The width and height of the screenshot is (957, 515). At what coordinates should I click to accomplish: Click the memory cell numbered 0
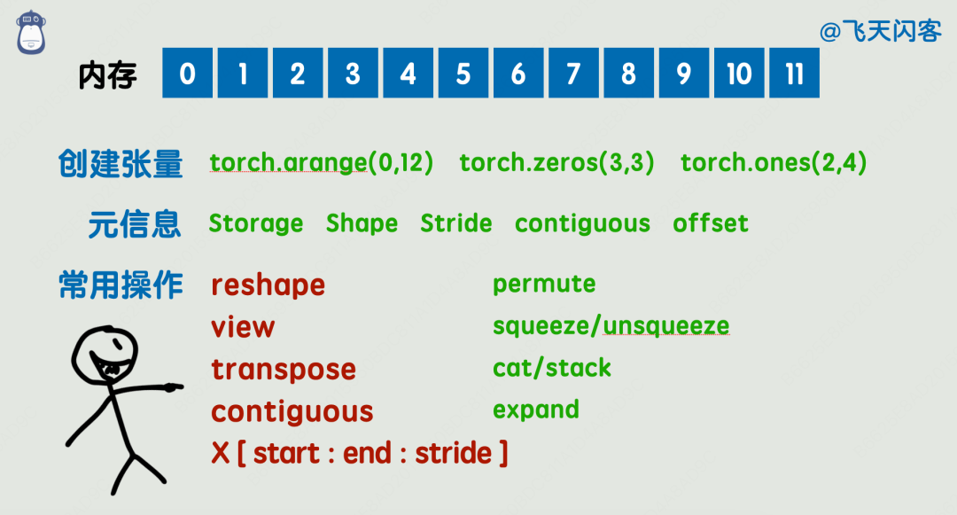(187, 74)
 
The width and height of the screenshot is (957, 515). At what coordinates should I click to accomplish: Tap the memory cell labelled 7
(573, 74)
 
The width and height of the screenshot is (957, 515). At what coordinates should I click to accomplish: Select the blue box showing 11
(794, 74)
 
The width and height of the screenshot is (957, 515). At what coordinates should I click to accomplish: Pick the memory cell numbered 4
(408, 74)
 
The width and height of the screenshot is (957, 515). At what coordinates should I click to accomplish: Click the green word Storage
(255, 223)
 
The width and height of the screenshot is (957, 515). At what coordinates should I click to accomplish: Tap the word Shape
(362, 223)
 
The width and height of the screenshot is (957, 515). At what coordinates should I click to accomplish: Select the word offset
(711, 223)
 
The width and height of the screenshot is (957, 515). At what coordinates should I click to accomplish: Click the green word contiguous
(582, 223)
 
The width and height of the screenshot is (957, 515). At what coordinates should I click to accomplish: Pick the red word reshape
(268, 285)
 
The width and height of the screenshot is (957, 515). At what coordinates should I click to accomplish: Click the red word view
(243, 327)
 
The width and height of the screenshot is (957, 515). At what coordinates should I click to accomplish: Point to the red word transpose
(284, 370)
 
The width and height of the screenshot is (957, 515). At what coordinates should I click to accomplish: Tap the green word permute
(544, 285)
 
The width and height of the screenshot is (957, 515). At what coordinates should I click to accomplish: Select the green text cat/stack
(552, 368)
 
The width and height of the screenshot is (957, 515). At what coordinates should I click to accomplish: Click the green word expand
(536, 410)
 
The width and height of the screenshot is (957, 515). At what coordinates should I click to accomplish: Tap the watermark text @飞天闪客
(881, 32)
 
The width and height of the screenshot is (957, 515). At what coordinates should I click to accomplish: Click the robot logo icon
(32, 32)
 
